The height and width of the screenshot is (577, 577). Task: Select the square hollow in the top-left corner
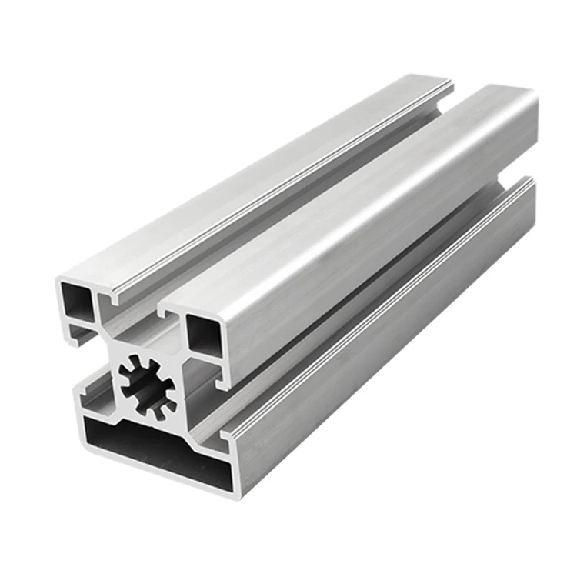[78, 305]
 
